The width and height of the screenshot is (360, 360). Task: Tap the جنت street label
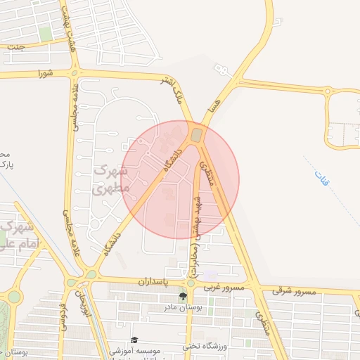click(x=13, y=46)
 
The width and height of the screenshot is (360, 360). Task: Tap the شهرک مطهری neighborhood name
click(x=111, y=180)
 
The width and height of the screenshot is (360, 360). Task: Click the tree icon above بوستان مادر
click(x=182, y=295)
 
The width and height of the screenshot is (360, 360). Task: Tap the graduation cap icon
click(x=134, y=340)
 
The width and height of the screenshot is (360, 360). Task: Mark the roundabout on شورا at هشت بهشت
click(x=75, y=72)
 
